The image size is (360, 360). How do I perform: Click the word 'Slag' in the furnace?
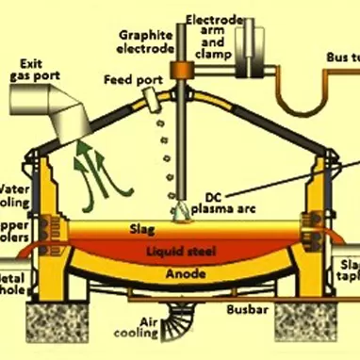pos(141,227)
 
